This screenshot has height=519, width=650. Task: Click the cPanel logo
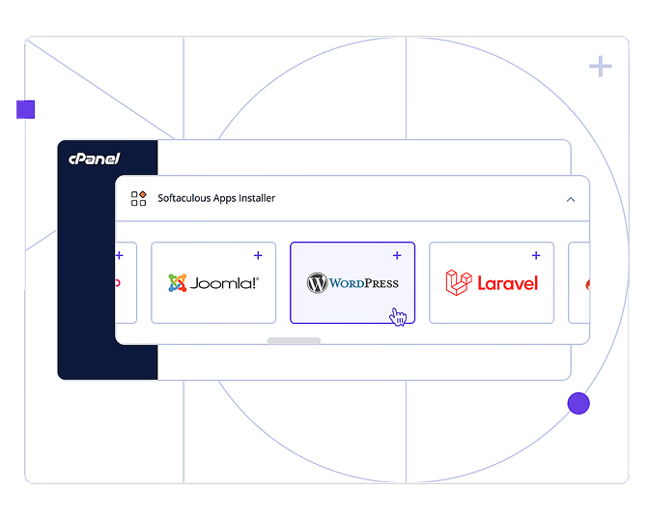pyautogui.click(x=94, y=159)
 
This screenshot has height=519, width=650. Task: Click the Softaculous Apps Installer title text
pyautogui.click(x=216, y=198)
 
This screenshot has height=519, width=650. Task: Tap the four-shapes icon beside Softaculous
pyautogui.click(x=139, y=198)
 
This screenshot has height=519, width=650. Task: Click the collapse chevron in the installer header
pyautogui.click(x=570, y=199)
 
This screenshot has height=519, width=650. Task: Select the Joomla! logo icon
pyautogui.click(x=177, y=283)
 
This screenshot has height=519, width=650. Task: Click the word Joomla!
pyautogui.click(x=224, y=283)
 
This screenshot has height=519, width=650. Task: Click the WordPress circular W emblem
pyautogui.click(x=317, y=283)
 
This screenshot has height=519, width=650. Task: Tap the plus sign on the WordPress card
pyautogui.click(x=397, y=255)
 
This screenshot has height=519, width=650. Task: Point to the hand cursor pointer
pyautogui.click(x=398, y=316)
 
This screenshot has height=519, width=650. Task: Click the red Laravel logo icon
pyautogui.click(x=458, y=282)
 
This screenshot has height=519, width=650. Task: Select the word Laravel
pyautogui.click(x=507, y=283)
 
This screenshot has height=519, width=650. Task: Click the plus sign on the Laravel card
pyautogui.click(x=536, y=255)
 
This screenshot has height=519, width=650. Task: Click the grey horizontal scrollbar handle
pyautogui.click(x=294, y=340)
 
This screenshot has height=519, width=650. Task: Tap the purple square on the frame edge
pyautogui.click(x=25, y=109)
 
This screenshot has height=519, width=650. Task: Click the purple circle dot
pyautogui.click(x=579, y=403)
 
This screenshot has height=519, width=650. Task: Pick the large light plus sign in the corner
pyautogui.click(x=601, y=67)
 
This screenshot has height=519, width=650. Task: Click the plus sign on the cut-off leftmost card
pyautogui.click(x=120, y=255)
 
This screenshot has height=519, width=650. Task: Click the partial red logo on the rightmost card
pyautogui.click(x=587, y=284)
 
